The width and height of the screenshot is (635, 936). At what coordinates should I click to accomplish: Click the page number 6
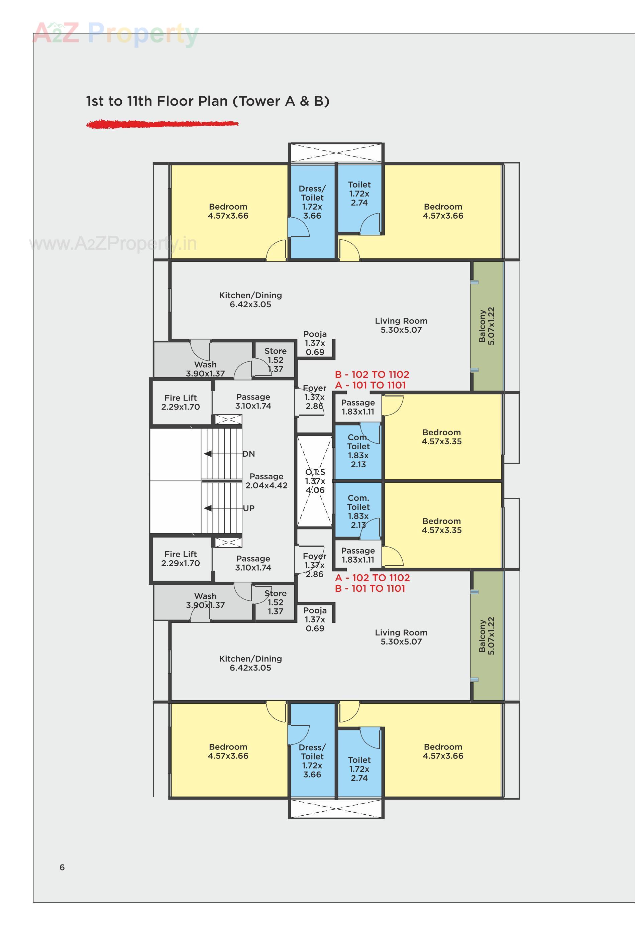tap(62, 867)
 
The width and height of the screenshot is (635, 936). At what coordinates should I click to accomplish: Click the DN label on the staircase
tap(248, 454)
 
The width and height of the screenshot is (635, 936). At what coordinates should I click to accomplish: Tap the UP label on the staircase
tap(248, 508)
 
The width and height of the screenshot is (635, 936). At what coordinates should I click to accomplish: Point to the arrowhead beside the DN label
tap(208, 454)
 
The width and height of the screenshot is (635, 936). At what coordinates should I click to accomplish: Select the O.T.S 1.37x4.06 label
tap(315, 481)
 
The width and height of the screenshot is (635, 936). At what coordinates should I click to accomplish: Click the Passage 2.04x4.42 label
tap(266, 481)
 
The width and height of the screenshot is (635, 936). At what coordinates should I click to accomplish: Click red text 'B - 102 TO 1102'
tap(372, 374)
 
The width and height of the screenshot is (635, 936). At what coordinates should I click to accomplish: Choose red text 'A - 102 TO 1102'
tap(372, 578)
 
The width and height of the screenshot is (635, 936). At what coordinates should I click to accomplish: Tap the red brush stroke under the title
tap(162, 124)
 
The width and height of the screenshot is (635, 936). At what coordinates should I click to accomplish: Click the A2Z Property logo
tap(116, 33)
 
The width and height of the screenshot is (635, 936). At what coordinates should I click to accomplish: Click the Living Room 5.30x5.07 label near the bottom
tap(401, 637)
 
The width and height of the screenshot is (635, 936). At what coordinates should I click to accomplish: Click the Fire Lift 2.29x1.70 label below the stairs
tap(181, 559)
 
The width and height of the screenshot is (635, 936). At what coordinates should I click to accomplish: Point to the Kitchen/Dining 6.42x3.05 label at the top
tap(250, 300)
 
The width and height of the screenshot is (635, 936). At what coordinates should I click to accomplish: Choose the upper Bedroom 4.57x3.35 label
tap(442, 437)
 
